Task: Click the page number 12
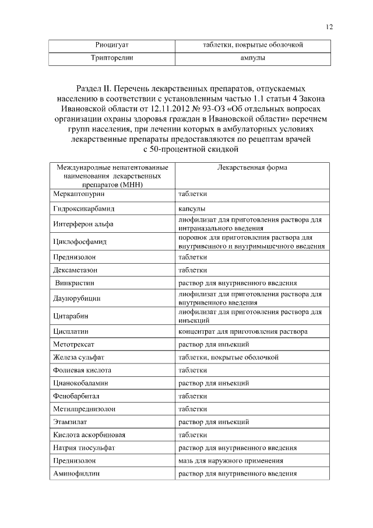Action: point(329,26)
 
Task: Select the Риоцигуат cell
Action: point(112,45)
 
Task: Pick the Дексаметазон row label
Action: point(76,270)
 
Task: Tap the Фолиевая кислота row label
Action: point(82,370)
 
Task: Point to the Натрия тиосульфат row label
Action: point(83,447)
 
